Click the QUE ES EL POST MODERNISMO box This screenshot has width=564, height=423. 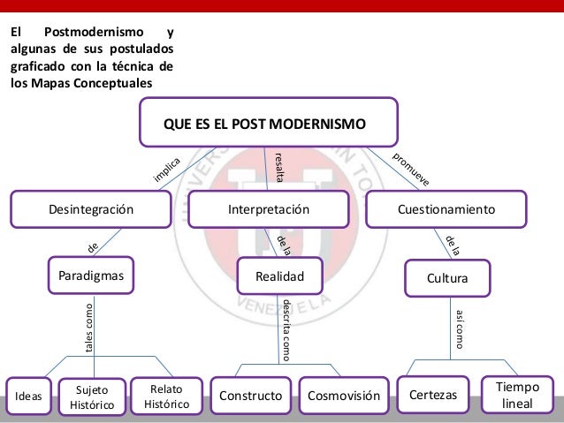pos(269,122)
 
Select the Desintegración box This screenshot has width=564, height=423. pos(90,209)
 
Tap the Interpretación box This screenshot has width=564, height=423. pos(269,209)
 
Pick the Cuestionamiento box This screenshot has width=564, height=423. pos(446,209)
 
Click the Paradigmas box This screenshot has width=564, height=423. pos(90,275)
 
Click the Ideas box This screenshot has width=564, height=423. pos(28,397)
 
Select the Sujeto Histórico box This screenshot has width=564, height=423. pos(92,397)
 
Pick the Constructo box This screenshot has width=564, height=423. pos(250,396)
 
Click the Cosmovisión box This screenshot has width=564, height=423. pos(342,396)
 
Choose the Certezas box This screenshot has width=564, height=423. pos(433,395)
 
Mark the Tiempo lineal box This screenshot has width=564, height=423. pos(517,395)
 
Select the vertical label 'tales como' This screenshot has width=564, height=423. pos(88,329)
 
